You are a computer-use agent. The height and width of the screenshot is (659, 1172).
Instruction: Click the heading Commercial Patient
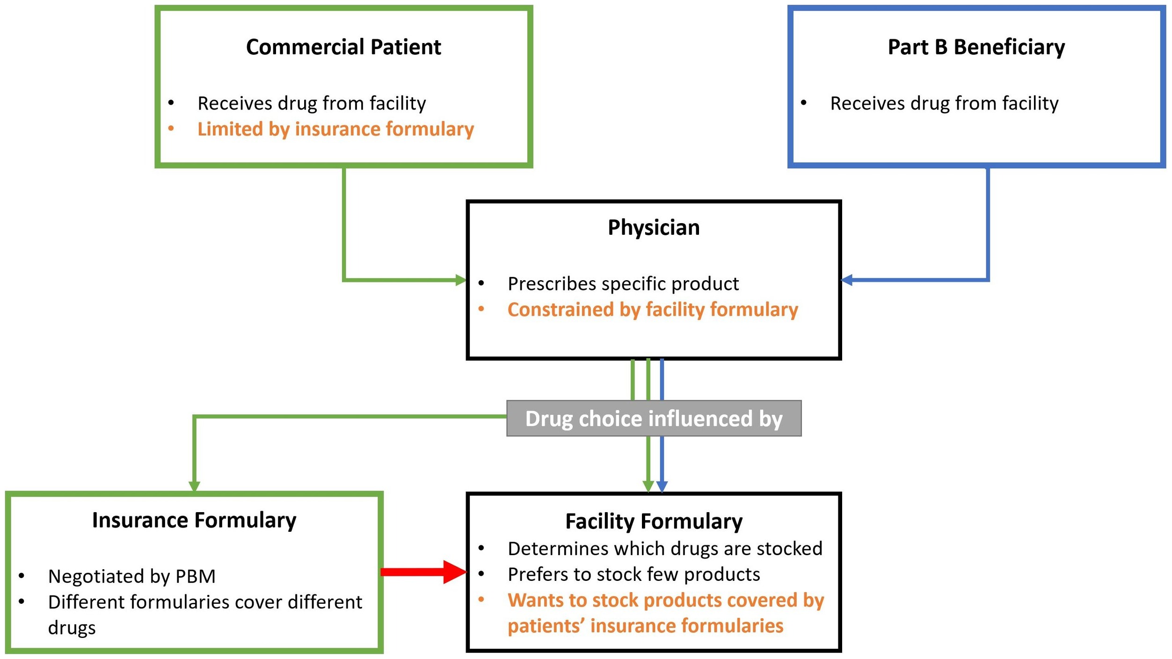click(343, 47)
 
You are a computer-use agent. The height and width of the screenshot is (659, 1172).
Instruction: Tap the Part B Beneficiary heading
click(976, 47)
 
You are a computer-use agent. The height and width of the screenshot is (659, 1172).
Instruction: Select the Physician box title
click(653, 228)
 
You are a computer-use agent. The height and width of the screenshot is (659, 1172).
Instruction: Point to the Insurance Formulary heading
click(194, 520)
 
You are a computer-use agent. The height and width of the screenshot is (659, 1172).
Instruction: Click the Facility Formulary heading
click(654, 521)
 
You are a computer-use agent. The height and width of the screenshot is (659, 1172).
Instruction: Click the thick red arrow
click(423, 572)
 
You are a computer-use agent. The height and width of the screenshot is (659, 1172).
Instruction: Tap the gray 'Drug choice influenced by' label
click(654, 418)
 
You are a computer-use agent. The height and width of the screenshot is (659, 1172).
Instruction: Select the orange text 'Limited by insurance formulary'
click(335, 129)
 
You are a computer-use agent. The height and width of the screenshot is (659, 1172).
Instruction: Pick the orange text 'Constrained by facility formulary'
click(653, 310)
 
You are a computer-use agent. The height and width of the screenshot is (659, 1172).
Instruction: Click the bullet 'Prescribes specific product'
click(623, 284)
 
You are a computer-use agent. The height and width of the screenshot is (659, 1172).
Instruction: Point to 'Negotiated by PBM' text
click(132, 576)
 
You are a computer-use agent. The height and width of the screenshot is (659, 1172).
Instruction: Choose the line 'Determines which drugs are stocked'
click(665, 548)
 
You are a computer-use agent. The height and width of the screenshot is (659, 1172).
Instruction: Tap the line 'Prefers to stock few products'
click(634, 574)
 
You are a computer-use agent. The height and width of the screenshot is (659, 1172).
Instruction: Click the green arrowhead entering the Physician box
click(461, 280)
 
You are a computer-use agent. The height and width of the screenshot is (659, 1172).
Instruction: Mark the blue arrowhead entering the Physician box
click(846, 280)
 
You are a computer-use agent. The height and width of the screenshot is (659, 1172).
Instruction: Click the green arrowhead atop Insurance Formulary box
click(194, 486)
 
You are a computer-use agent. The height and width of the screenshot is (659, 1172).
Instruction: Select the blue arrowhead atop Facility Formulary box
click(662, 487)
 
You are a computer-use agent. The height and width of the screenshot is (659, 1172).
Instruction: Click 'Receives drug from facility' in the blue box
click(944, 103)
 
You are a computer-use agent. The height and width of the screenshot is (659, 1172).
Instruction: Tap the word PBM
click(196, 576)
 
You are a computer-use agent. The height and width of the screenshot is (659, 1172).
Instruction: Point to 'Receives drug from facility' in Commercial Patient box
click(312, 103)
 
